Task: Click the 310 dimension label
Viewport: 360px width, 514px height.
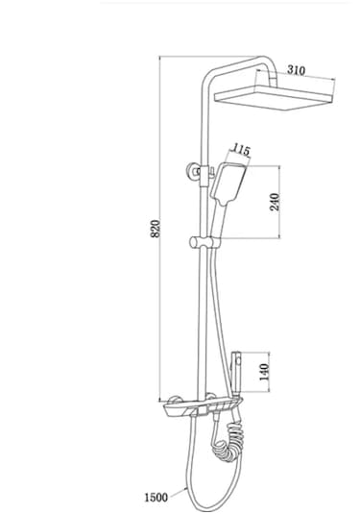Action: point(296,70)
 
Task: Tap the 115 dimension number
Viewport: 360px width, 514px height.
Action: point(241,150)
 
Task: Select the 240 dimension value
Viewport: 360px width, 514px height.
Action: point(275,202)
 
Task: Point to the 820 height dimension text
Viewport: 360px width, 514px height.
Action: point(156,229)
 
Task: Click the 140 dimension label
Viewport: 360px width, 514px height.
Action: point(264,372)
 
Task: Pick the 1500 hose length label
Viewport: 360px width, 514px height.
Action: point(156,498)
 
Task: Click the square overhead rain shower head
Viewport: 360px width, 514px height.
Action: point(274,98)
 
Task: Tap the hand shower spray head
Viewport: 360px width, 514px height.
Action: point(228,184)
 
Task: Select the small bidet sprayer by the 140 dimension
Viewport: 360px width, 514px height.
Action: point(236,374)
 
